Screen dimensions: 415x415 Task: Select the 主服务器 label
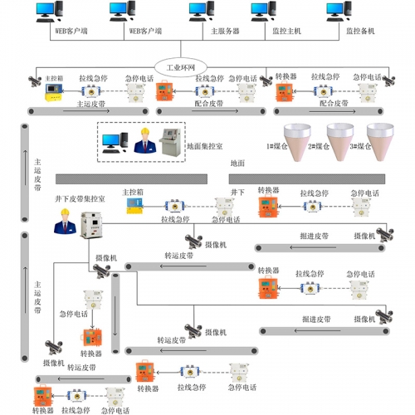point(224,31)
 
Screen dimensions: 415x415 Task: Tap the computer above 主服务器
point(198,12)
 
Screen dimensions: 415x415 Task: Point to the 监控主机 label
point(286,31)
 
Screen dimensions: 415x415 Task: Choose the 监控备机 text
point(359,31)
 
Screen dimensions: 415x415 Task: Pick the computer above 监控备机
point(336,12)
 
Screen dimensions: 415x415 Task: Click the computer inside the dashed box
point(113,144)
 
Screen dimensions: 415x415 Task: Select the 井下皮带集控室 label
point(80,199)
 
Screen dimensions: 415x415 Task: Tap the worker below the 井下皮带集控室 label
point(63,222)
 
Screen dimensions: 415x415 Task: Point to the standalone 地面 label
point(238,164)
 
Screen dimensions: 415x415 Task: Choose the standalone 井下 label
point(237,192)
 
